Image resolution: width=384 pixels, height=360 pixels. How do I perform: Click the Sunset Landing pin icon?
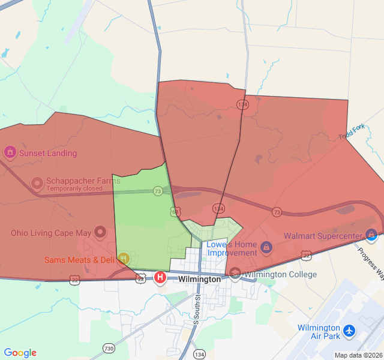(10, 152)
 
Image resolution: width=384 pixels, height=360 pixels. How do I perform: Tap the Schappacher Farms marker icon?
(37, 182)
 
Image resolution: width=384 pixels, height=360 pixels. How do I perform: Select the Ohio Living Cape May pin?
(100, 232)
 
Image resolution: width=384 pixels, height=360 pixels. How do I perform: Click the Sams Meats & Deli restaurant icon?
(124, 259)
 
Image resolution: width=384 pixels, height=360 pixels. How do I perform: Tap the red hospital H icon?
(160, 277)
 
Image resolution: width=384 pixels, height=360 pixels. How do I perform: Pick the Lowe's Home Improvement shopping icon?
(266, 247)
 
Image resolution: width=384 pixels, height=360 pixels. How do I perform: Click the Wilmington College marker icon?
(235, 274)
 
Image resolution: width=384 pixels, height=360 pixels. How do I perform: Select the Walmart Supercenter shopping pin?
(372, 235)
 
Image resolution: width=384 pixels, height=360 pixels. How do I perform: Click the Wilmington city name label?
(200, 279)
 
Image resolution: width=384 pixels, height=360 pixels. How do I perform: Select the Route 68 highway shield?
(175, 212)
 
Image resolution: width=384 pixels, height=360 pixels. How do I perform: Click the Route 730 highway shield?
(109, 348)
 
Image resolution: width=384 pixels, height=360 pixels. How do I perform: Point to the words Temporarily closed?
(74, 188)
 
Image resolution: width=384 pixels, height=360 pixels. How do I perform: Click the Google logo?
(20, 353)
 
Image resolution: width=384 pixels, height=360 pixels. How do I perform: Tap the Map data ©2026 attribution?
(358, 355)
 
